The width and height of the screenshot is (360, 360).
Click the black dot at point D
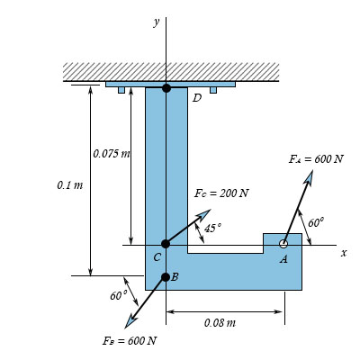tap(166, 87)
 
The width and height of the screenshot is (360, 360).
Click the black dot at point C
tap(166, 244)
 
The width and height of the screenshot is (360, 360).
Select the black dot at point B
tap(166, 276)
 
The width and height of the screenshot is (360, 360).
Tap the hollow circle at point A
tap(283, 244)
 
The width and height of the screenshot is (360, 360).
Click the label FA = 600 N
tap(315, 159)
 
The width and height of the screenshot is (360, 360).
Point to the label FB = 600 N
tap(130, 340)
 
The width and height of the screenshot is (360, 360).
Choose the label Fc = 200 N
tap(221, 193)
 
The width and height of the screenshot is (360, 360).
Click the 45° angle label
tap(212, 229)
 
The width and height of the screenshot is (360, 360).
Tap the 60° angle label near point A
tap(315, 222)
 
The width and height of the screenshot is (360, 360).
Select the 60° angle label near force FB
tap(118, 295)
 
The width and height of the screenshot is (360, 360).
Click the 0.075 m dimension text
tap(112, 153)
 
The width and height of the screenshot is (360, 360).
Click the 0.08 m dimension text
tap(220, 322)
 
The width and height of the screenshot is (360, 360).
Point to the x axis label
tap(343, 253)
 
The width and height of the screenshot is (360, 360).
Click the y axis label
tap(156, 22)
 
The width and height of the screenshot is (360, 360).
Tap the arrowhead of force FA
tap(309, 176)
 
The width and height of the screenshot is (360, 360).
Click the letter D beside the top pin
tap(196, 98)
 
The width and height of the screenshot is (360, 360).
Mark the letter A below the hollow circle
tap(283, 259)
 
